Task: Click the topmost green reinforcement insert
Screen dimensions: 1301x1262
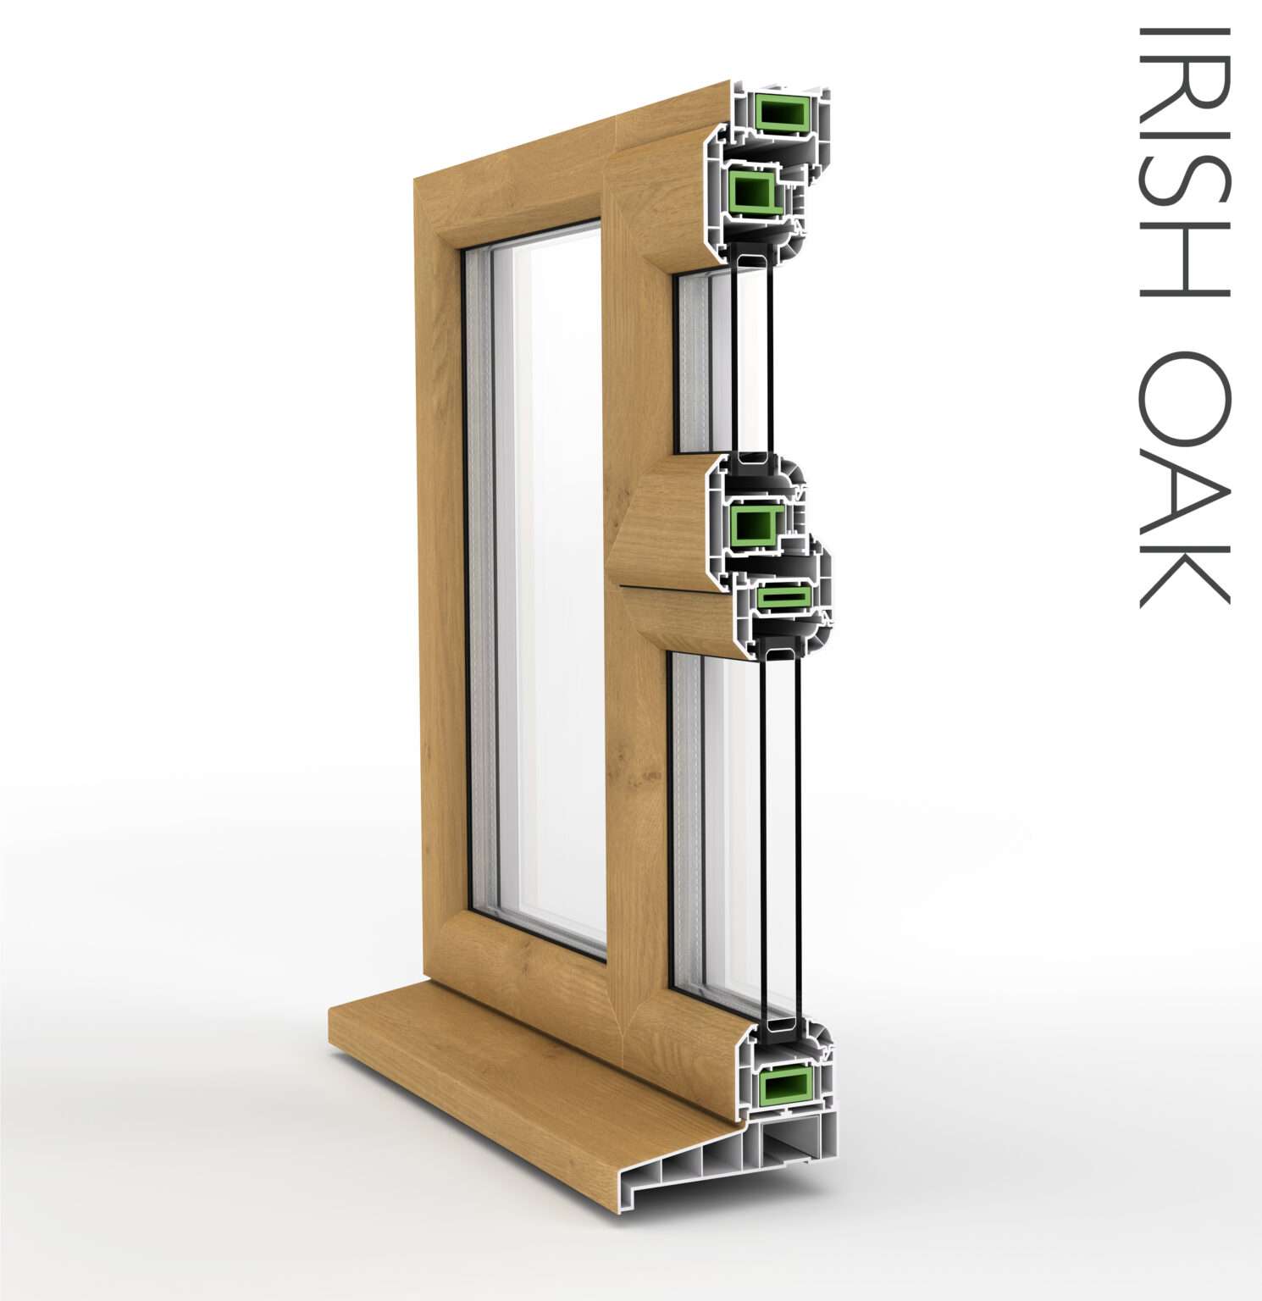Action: [x=778, y=113]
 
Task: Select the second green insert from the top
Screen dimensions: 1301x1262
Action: [x=753, y=189]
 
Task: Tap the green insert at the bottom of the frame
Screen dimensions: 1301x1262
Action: [x=785, y=1088]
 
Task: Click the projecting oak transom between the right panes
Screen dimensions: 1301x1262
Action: [x=669, y=559]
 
